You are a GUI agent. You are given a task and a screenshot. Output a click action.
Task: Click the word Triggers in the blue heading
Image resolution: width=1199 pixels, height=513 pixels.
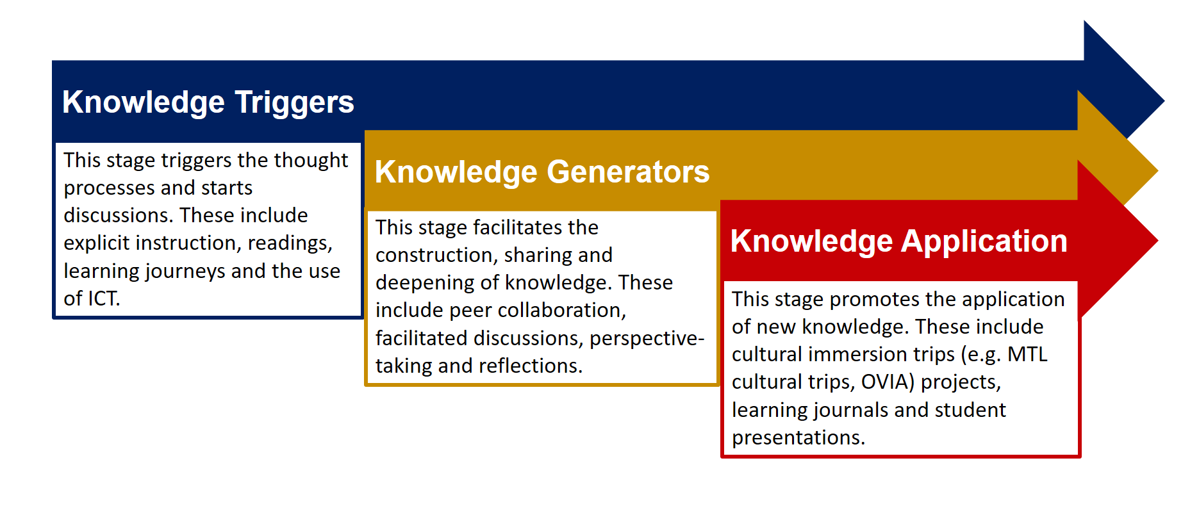(294, 102)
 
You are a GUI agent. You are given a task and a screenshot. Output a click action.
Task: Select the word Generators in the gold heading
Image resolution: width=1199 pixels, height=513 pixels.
(628, 172)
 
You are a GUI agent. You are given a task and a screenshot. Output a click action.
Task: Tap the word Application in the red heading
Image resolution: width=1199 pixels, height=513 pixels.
(984, 242)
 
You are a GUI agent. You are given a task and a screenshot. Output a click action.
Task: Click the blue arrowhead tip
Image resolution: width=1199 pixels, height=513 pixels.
(1164, 101)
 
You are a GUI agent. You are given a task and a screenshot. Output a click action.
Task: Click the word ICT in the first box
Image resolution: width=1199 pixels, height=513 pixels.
(101, 298)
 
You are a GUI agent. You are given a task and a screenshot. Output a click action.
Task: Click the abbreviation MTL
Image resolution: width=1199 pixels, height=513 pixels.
(1027, 354)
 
